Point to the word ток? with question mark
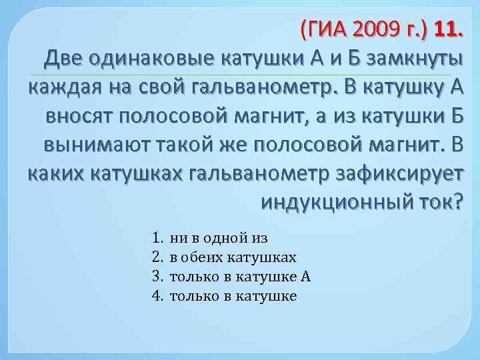(438, 201)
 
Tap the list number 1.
(157, 237)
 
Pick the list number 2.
(157, 257)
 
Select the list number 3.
(157, 276)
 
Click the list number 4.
(157, 295)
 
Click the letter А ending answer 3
(306, 276)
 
